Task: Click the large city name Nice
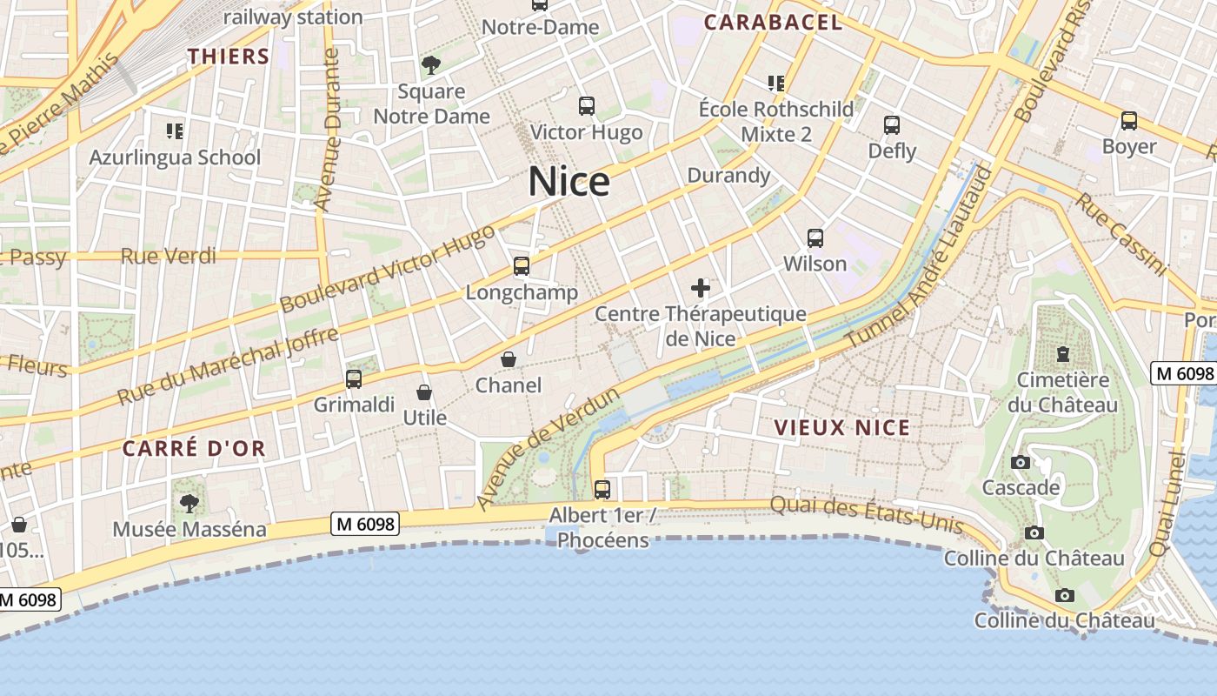(x=569, y=182)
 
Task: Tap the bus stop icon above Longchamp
(x=522, y=266)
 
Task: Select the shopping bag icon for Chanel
(x=509, y=359)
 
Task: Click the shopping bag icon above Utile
(x=424, y=392)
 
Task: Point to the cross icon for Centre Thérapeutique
(x=701, y=288)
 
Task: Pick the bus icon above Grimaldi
(x=354, y=379)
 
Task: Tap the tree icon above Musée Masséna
(x=189, y=503)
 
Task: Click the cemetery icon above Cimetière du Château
(x=1062, y=354)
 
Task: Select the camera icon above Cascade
(x=1021, y=462)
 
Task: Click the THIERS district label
(x=229, y=57)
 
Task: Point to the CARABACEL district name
(x=773, y=23)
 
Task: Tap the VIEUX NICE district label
(x=841, y=427)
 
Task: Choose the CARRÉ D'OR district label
(x=194, y=449)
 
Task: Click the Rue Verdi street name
(x=169, y=256)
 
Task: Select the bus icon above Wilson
(x=815, y=238)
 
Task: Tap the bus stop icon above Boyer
(x=1128, y=121)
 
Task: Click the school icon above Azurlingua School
(x=175, y=131)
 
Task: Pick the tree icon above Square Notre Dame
(x=431, y=64)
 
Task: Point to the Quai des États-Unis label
(x=867, y=515)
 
